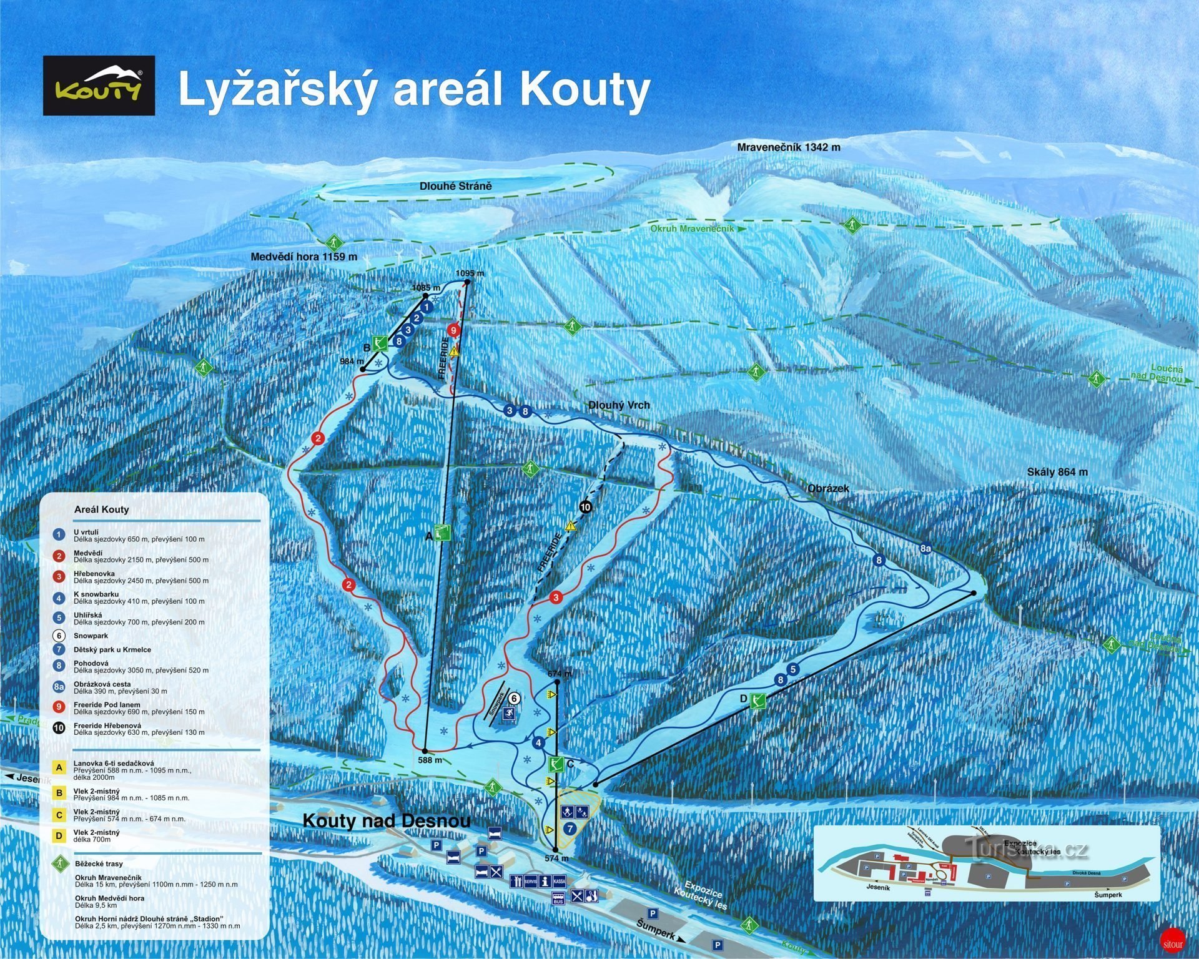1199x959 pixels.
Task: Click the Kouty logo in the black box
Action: coord(99,86)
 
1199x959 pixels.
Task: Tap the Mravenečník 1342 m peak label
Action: coord(788,147)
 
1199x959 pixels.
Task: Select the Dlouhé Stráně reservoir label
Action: coord(455,186)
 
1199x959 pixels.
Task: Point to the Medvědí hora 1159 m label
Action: coord(303,257)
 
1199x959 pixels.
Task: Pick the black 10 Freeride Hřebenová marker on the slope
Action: coord(585,507)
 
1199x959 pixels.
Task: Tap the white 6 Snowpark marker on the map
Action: coord(513,698)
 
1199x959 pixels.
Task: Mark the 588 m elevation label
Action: coord(430,760)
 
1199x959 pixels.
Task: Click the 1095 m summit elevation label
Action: coord(470,273)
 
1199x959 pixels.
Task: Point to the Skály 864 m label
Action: coord(1057,472)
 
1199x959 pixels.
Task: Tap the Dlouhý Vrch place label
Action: coord(619,405)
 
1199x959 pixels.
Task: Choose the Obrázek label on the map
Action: coord(828,489)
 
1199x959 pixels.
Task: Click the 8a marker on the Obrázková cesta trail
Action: coord(925,549)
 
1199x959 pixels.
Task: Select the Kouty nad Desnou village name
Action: coord(386,820)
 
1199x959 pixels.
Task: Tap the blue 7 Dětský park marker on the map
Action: coord(569,829)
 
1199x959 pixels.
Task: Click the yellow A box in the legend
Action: coord(59,767)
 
